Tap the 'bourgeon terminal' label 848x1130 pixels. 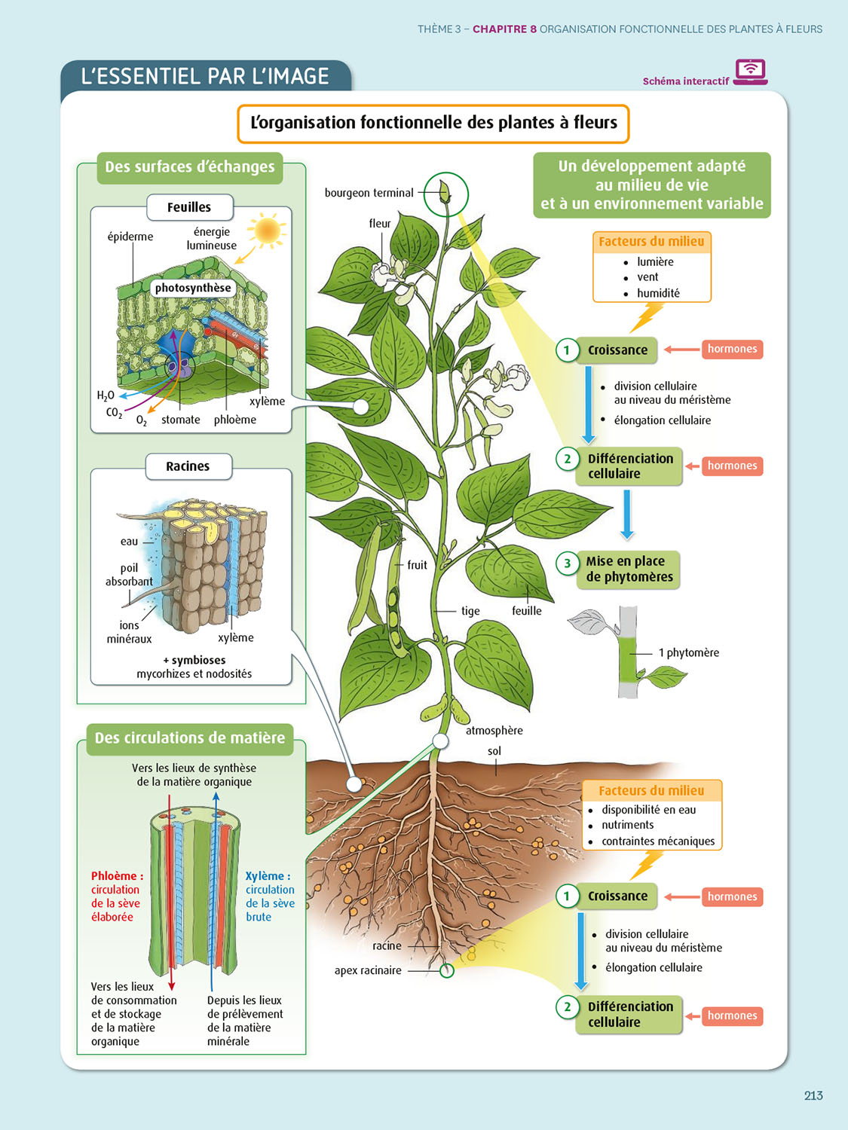pyautogui.click(x=369, y=193)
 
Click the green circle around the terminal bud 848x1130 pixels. pyautogui.click(x=445, y=194)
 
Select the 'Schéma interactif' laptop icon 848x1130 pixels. pyautogui.click(x=750, y=72)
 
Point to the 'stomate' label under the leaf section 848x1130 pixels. pyautogui.click(x=180, y=420)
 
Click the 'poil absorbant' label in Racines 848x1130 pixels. pyautogui.click(x=129, y=575)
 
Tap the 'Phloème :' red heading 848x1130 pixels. pyautogui.click(x=117, y=875)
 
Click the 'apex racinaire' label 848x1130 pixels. pyautogui.click(x=368, y=970)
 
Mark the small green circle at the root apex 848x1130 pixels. pyautogui.click(x=447, y=970)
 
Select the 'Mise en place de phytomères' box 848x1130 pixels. pyautogui.click(x=629, y=570)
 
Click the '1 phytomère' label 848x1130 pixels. pyautogui.click(x=688, y=652)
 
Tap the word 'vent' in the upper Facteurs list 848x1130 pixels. pyautogui.click(x=647, y=277)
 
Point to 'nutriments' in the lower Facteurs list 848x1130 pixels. pyautogui.click(x=627, y=825)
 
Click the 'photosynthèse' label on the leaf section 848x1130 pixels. pyautogui.click(x=193, y=288)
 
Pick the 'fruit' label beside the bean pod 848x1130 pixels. pyautogui.click(x=417, y=565)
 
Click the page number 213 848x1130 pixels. pyautogui.click(x=813, y=1095)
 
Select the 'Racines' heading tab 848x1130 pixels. pyautogui.click(x=188, y=466)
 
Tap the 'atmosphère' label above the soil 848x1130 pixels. pyautogui.click(x=494, y=730)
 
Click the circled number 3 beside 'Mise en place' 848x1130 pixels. pyautogui.click(x=568, y=563)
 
